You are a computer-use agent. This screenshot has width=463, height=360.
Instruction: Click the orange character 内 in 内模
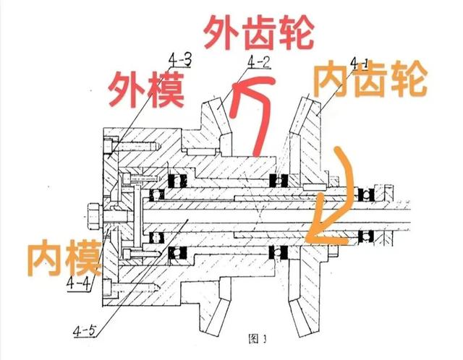pos(39,254)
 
